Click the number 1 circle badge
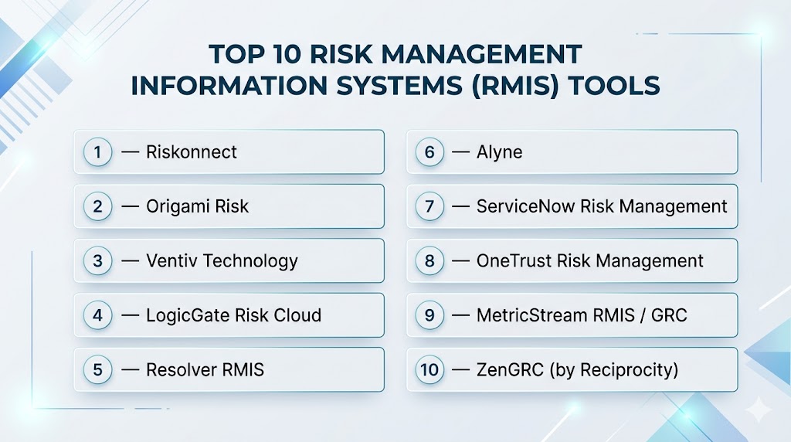tap(97, 152)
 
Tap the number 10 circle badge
tap(429, 370)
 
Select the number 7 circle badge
tap(429, 206)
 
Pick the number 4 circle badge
tap(97, 315)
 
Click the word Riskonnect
tap(192, 152)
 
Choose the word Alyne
tap(500, 152)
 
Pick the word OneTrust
tap(514, 261)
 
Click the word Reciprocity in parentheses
tap(626, 370)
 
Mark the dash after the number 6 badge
tap(460, 152)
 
